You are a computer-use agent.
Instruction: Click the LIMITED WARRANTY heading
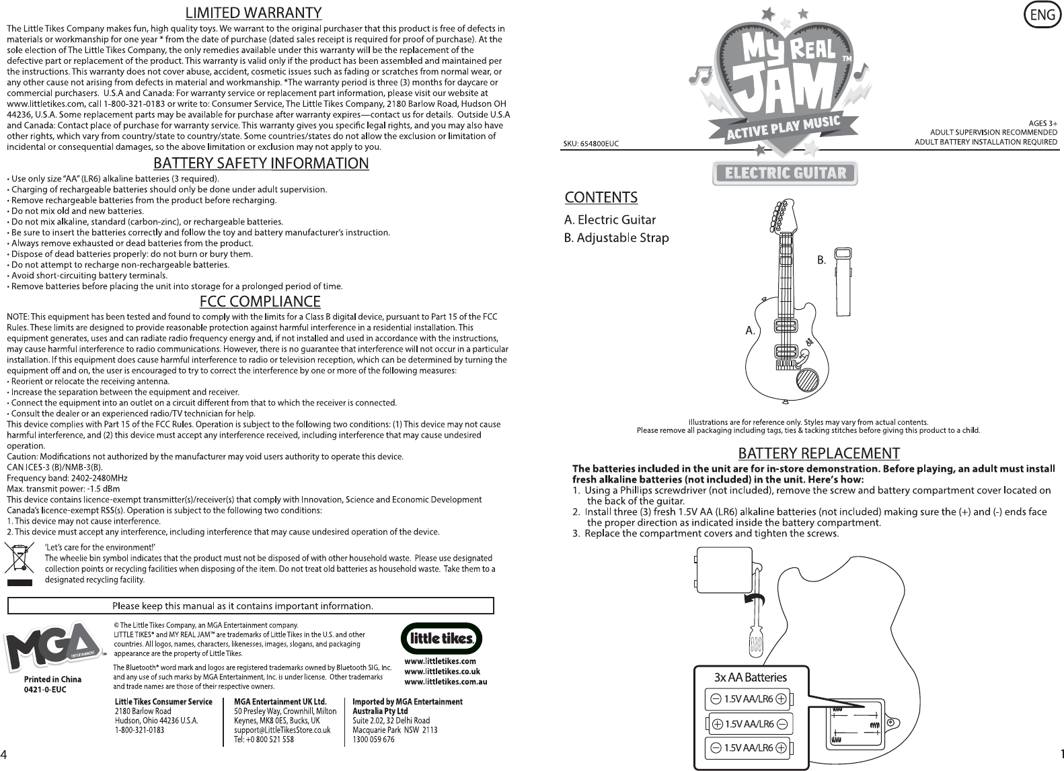(254, 13)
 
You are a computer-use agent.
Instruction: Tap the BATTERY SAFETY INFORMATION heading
(261, 163)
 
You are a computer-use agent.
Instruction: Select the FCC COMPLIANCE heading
(261, 300)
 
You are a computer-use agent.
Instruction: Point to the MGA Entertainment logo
(54, 649)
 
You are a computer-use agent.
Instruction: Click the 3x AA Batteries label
(750, 677)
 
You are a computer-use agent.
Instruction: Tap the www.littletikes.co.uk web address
(442, 672)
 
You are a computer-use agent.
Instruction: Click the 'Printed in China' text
(52, 680)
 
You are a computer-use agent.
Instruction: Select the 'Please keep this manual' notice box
(251, 606)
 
